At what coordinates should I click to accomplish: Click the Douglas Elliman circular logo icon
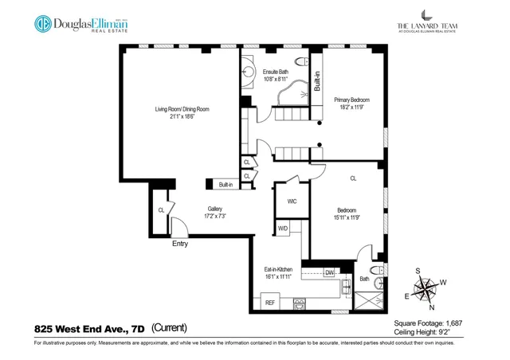(x=43, y=24)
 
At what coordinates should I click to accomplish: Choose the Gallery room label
(x=211, y=212)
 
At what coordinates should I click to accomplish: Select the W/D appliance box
(x=283, y=229)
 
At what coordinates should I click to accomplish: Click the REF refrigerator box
(x=269, y=303)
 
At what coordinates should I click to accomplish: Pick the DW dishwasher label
(x=329, y=272)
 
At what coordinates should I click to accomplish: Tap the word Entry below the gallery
(x=180, y=244)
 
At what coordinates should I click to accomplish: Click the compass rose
(x=428, y=288)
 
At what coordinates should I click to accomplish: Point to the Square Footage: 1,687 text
(x=428, y=323)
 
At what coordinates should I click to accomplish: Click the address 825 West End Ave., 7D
(x=90, y=327)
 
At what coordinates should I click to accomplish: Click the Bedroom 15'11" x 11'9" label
(x=346, y=213)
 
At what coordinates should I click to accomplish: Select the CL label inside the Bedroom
(x=353, y=178)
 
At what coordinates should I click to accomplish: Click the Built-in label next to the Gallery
(x=226, y=185)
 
